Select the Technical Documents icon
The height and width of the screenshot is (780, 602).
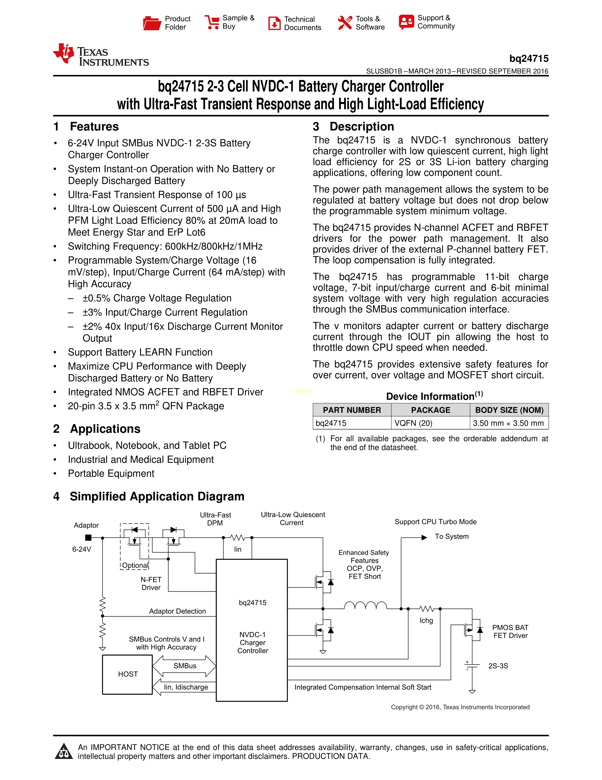pyautogui.click(x=274, y=23)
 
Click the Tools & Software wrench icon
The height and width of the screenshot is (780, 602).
pyautogui.click(x=344, y=23)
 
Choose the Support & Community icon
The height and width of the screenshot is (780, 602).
pyautogui.click(x=407, y=22)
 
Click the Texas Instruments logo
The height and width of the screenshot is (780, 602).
pyautogui.click(x=101, y=55)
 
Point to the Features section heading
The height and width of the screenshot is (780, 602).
pyautogui.click(x=94, y=126)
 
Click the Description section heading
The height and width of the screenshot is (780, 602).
pyautogui.click(x=362, y=126)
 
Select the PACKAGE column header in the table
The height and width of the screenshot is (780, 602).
pyautogui.click(x=430, y=410)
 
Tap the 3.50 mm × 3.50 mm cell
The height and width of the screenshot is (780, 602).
pyautogui.click(x=508, y=423)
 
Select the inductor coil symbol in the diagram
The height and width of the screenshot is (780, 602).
pyautogui.click(x=365, y=605)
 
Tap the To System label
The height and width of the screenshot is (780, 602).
pyautogui.click(x=451, y=537)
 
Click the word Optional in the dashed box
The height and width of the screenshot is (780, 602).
pyautogui.click(x=135, y=565)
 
